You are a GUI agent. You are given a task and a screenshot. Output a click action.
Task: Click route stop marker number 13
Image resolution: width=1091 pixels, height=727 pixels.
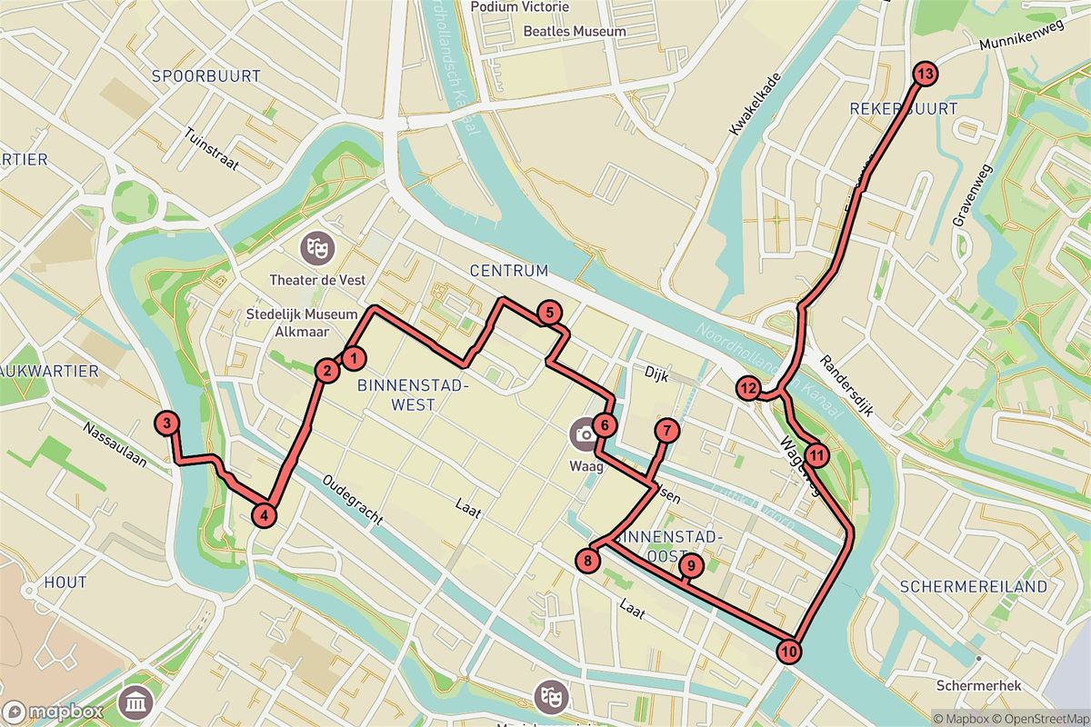(x=926, y=75)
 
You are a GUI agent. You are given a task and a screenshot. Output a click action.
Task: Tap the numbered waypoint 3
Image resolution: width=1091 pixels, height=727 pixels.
(x=166, y=423)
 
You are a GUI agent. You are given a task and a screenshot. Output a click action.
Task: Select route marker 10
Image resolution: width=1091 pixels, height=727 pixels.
(x=790, y=651)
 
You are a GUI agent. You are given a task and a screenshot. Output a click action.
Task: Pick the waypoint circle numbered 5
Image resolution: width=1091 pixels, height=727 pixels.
(x=548, y=314)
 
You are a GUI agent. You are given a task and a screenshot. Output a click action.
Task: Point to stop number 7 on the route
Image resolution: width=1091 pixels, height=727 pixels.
(x=666, y=431)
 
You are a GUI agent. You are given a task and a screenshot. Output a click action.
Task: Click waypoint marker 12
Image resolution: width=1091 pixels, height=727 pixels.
(x=748, y=389)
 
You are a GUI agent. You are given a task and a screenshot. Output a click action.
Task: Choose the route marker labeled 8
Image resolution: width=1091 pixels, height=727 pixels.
(x=589, y=561)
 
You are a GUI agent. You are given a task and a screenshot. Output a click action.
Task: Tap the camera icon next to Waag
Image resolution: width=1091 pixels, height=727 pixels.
(x=583, y=433)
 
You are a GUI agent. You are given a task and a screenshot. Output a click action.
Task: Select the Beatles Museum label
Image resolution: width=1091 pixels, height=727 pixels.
(x=575, y=31)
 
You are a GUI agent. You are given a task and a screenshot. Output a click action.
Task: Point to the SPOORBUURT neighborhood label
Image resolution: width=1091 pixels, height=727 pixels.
(x=206, y=76)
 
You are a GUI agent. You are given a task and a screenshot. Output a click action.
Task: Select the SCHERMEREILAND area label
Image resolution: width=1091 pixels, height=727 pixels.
(x=974, y=587)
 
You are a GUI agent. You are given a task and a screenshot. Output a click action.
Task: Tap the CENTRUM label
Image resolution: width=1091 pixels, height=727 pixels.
(x=509, y=271)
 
